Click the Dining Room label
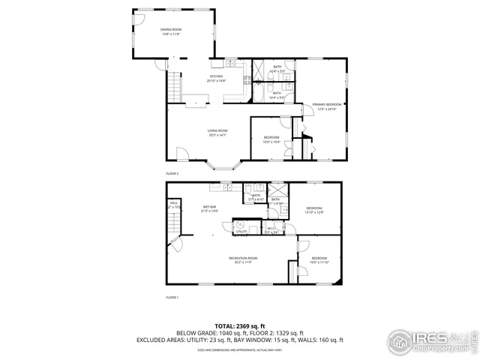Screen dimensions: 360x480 pyautogui.click(x=171, y=31)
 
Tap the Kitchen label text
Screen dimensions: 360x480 pyautogui.click(x=216, y=78)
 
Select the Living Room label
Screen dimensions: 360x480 pyautogui.click(x=217, y=133)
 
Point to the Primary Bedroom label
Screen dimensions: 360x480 pyautogui.click(x=327, y=106)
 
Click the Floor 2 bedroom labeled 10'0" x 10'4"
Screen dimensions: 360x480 pyautogui.click(x=271, y=139)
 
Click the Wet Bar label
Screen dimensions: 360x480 pyautogui.click(x=209, y=208)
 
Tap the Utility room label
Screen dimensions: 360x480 pyautogui.click(x=241, y=232)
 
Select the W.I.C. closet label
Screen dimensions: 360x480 pyautogui.click(x=271, y=230)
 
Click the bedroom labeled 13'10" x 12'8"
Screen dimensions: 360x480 pyautogui.click(x=313, y=210)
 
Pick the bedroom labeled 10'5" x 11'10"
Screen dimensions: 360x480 pyautogui.click(x=319, y=260)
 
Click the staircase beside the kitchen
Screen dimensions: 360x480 pyautogui.click(x=174, y=87)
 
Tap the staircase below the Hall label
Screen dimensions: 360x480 pyautogui.click(x=174, y=221)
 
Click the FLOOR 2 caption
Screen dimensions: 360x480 pyautogui.click(x=172, y=173)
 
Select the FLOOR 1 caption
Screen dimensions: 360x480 pyautogui.click(x=172, y=298)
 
